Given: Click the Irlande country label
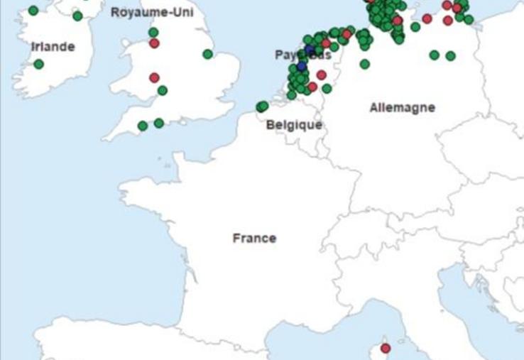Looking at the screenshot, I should (53, 47).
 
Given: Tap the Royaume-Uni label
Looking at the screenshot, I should (152, 12).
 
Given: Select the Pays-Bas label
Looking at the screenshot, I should (302, 55).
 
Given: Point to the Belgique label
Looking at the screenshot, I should (294, 125).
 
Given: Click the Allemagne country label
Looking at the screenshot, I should (402, 108).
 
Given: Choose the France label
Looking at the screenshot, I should (254, 238).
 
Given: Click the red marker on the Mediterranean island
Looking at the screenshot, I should (386, 349).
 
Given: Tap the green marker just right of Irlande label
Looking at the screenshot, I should (38, 65).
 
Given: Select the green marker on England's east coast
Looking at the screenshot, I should (207, 54).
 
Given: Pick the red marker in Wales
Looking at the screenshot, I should (154, 78).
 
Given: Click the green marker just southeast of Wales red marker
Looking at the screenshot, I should (163, 90).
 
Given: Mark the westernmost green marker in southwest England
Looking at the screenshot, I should (143, 126).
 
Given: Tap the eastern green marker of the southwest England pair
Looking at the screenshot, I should (159, 123).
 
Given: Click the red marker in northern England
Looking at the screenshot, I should (154, 43).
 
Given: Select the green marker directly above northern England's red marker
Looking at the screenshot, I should (153, 33).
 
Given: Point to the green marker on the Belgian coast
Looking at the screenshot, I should (262, 107).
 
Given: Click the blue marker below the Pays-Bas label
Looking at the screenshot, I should (302, 66).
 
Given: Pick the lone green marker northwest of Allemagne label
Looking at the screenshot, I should (364, 64).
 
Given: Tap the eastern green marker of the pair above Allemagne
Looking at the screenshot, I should (450, 55).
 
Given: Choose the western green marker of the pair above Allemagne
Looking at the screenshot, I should (434, 55).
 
